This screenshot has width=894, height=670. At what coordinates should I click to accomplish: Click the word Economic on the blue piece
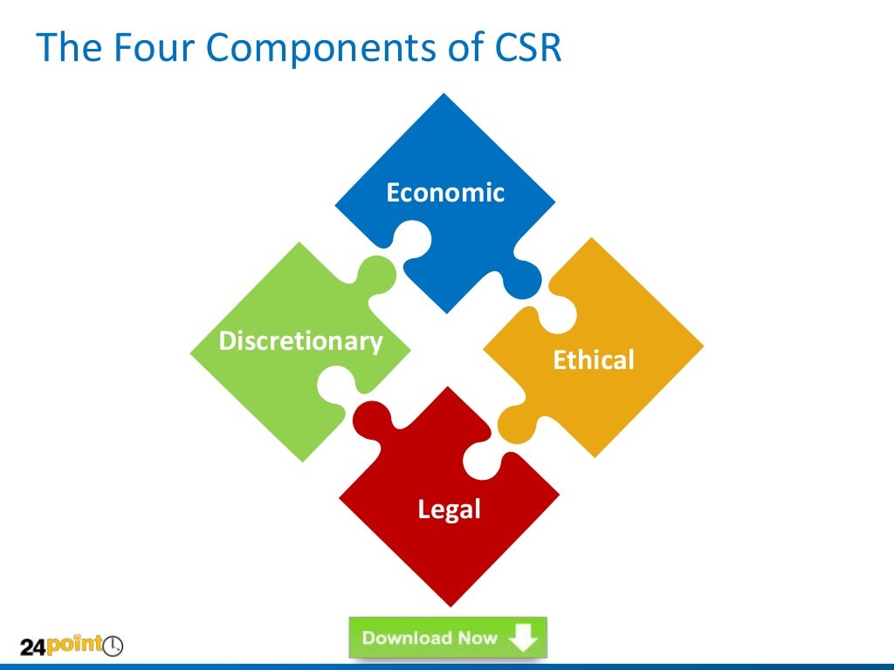tap(445, 192)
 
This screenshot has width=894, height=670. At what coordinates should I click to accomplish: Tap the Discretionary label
tap(300, 341)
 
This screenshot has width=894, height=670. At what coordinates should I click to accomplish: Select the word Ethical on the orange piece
tap(594, 359)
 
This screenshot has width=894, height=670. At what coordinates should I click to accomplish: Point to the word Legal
tap(449, 509)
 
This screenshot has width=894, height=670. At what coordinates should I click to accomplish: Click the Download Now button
tap(448, 638)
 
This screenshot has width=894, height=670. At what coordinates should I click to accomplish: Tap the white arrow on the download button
tap(522, 639)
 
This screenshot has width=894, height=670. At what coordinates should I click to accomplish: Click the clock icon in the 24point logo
tap(113, 647)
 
